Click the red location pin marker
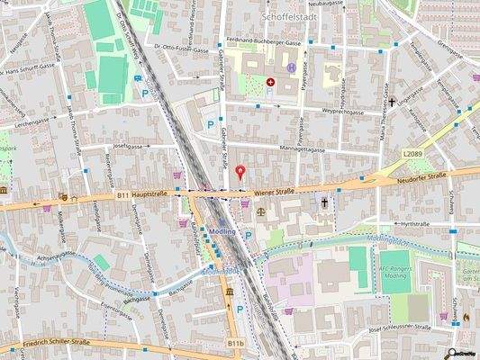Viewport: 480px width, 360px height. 239,172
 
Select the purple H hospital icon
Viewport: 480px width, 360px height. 291,68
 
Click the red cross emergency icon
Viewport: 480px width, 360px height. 270,82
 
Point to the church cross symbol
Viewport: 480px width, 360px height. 325,203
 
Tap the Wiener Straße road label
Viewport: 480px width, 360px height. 273,192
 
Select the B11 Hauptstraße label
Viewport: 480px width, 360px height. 145,194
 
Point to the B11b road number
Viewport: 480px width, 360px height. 236,343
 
